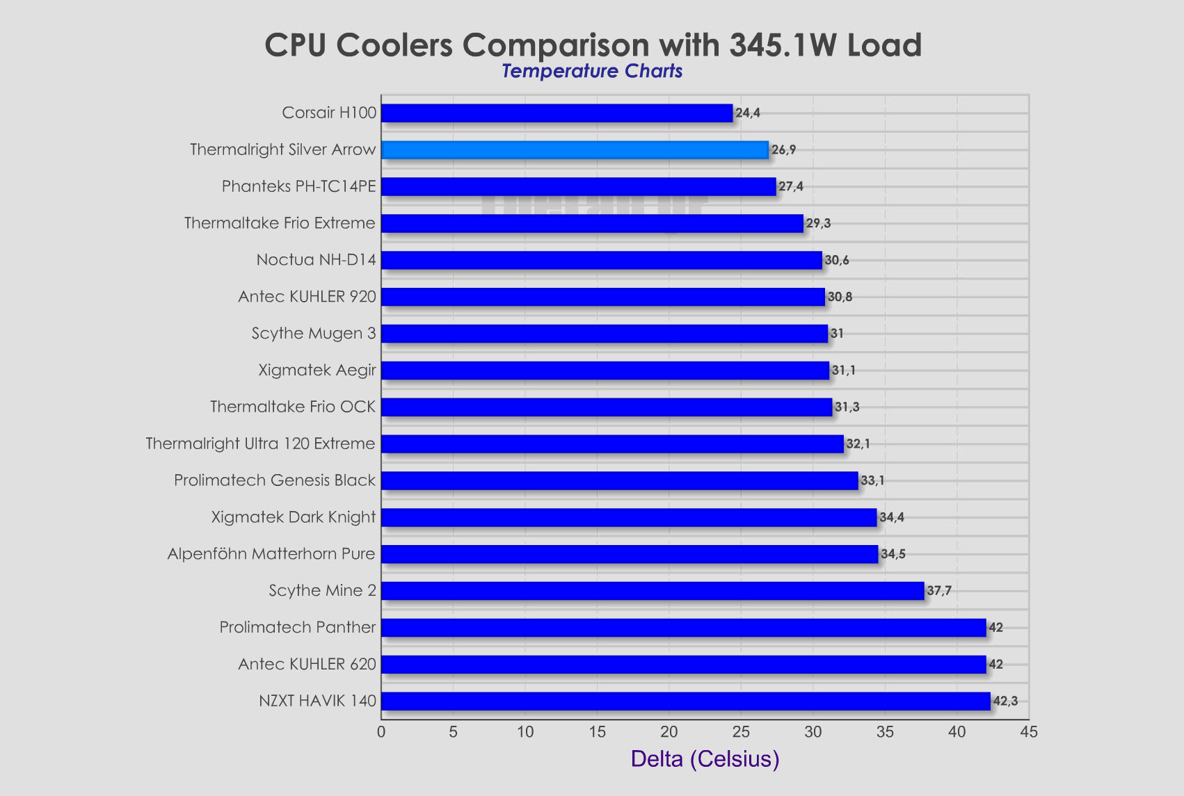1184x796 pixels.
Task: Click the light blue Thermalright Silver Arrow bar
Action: [575, 150]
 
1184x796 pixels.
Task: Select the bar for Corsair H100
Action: [557, 113]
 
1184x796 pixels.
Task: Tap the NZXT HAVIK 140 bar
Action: [685, 701]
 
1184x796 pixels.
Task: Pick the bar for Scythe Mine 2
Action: [653, 591]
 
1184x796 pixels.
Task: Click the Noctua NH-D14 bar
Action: [601, 260]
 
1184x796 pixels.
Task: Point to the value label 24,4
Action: [748, 113]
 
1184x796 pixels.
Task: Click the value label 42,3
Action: [1005, 701]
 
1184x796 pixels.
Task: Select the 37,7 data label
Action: [939, 591]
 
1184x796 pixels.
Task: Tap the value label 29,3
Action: [818, 223]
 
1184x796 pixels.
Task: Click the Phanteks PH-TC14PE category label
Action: [298, 186]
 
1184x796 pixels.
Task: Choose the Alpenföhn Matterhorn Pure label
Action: [271, 554]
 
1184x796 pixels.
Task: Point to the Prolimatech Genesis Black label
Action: [275, 480]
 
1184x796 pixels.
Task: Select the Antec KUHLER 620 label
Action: [307, 664]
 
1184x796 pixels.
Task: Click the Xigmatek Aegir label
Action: [317, 370]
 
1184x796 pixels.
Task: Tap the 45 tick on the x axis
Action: [1028, 732]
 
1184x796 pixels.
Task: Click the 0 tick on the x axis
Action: [381, 732]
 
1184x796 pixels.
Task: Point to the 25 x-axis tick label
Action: [741, 732]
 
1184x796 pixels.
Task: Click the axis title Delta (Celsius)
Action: [705, 758]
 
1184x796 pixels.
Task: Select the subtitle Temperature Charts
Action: [592, 71]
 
